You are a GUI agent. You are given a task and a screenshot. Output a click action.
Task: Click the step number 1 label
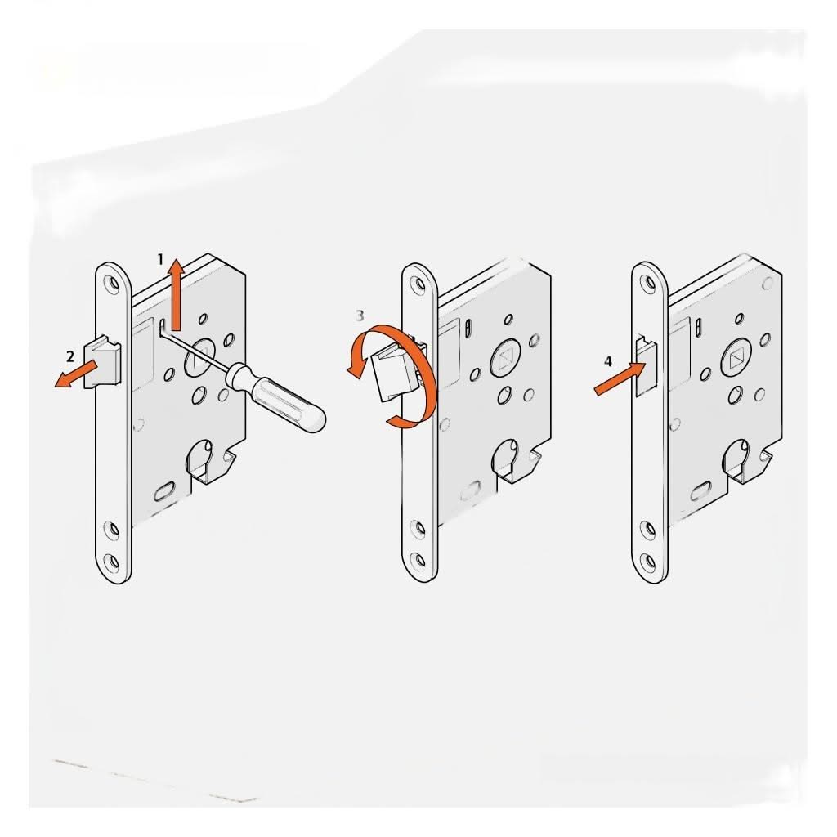point(161,258)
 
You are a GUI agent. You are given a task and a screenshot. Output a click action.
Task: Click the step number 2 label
point(70,356)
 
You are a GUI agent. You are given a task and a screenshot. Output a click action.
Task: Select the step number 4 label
point(606,360)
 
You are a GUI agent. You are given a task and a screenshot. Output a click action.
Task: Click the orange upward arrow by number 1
point(174,294)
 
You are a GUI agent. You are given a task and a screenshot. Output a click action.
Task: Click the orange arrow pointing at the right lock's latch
point(615,381)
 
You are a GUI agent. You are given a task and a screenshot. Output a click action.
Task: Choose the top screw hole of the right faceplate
point(650,284)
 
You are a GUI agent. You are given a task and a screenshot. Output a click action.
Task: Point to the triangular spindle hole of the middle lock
point(504,360)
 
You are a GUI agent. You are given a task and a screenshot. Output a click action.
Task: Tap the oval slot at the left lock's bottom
point(163,492)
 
